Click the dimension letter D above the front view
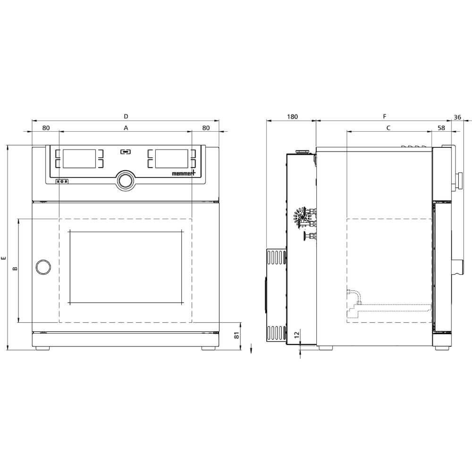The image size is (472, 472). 126,116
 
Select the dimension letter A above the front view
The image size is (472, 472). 126,127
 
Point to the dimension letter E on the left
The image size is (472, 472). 4,258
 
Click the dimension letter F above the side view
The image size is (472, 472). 385,116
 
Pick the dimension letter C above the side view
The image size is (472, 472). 388,127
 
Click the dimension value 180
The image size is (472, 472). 292,117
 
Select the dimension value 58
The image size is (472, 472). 441,127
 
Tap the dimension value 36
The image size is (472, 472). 457,117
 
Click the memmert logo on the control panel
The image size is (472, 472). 186,174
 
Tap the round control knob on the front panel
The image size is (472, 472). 126,180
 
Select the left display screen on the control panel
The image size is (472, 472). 80,158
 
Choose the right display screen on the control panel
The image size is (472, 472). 172,158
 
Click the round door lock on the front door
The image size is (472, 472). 43,267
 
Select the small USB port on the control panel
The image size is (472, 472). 126,152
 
